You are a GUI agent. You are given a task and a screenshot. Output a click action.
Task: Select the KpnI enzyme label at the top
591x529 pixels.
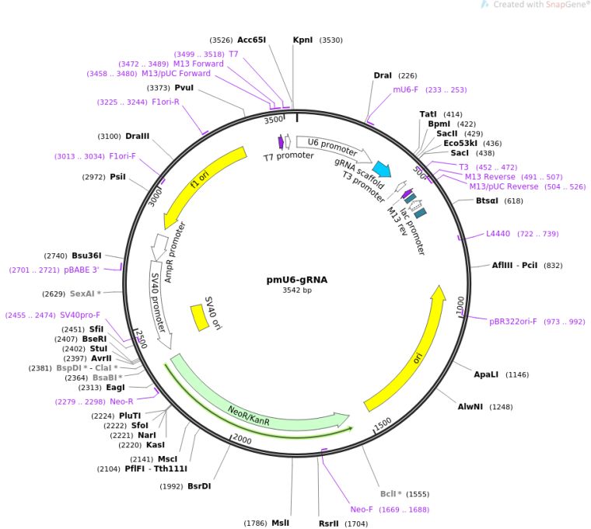302,40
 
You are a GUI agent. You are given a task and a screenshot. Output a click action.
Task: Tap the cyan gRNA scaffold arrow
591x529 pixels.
381,169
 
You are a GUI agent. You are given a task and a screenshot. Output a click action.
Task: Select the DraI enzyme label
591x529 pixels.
383,75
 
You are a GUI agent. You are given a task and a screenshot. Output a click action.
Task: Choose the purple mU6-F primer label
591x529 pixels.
407,89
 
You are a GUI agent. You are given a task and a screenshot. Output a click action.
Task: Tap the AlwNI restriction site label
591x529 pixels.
470,406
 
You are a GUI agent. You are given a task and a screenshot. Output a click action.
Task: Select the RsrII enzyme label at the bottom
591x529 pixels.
329,524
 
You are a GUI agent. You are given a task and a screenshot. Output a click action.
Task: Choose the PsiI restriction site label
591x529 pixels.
117,177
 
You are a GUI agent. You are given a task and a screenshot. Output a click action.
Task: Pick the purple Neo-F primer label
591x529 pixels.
362,510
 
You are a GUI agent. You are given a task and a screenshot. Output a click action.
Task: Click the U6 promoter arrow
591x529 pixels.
332,145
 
